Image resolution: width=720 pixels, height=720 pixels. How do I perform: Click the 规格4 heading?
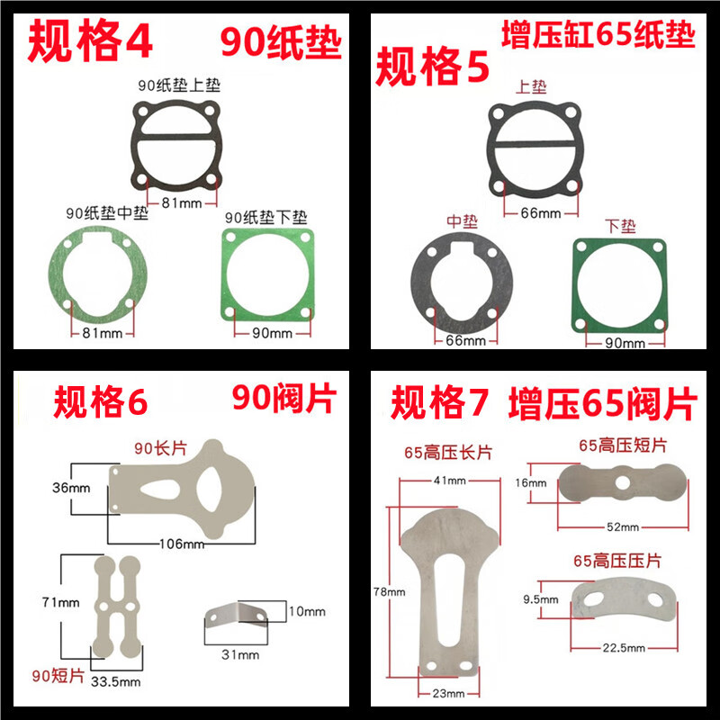[90, 41]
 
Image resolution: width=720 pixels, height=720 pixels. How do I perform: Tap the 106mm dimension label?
[182, 544]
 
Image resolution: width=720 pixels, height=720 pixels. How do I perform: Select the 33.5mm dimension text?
[116, 681]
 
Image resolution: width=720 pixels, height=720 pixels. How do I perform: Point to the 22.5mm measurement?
[624, 648]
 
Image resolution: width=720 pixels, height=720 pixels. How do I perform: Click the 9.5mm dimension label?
[541, 599]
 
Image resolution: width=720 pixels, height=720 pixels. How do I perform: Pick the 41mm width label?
[449, 481]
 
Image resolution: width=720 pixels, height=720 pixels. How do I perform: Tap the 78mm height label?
[390, 592]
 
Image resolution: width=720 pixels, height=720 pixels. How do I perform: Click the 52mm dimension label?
[623, 526]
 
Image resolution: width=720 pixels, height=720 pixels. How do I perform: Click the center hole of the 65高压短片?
[622, 482]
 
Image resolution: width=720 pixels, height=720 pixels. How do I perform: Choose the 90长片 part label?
[160, 447]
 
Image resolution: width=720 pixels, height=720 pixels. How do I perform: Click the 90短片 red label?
[58, 676]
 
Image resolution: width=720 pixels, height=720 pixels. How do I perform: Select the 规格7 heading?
[439, 402]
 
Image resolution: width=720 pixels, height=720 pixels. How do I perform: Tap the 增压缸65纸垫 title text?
[598, 34]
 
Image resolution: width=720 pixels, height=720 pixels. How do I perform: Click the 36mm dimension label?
[71, 488]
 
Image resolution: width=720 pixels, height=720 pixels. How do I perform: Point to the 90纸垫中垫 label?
[107, 212]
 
